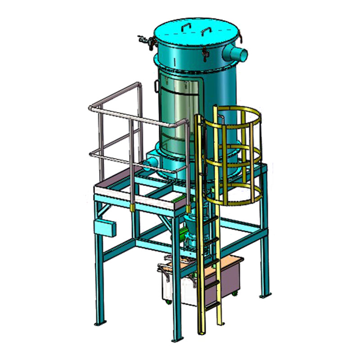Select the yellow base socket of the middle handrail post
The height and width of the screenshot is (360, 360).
(x=132, y=207)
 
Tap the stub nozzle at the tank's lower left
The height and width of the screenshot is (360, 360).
(x=152, y=160)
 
